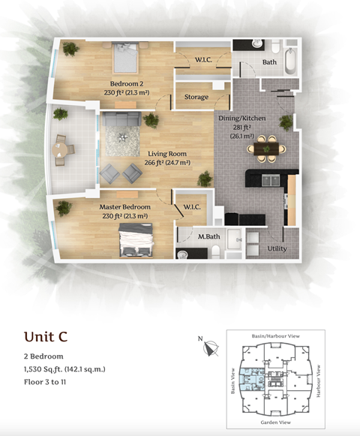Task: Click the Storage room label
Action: (x=196, y=97)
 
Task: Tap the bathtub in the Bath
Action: (x=290, y=61)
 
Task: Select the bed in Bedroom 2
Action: (x=126, y=58)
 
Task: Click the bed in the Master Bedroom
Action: (x=136, y=240)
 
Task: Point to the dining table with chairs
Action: (x=266, y=149)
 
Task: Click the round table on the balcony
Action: (x=60, y=150)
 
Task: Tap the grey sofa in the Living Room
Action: (x=121, y=119)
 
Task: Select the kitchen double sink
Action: (x=271, y=180)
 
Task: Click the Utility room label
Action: (x=277, y=248)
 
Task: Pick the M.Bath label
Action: (x=208, y=236)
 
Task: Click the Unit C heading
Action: (x=46, y=336)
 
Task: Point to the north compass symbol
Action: (x=211, y=348)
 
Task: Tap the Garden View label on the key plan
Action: (x=275, y=422)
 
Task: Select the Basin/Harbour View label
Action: (x=276, y=336)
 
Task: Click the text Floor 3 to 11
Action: (x=45, y=382)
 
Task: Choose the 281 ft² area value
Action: (x=242, y=128)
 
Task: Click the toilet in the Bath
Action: (x=275, y=47)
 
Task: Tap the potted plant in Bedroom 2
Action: (x=71, y=50)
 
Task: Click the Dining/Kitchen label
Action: (x=241, y=119)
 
